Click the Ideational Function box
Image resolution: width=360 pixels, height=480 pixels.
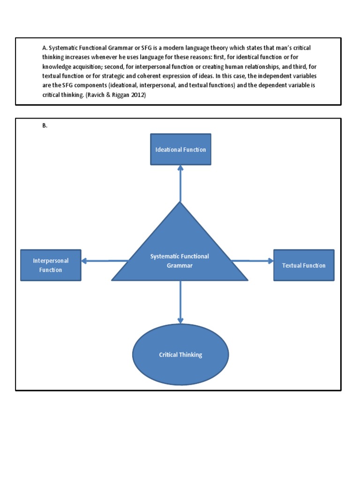pyautogui.click(x=180, y=150)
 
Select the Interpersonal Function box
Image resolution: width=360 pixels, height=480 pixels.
pyautogui.click(x=51, y=265)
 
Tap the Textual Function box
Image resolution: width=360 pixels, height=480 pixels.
pyautogui.click(x=304, y=265)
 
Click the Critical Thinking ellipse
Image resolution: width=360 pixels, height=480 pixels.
pyautogui.click(x=180, y=355)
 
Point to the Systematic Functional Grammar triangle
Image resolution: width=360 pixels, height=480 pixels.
pyautogui.click(x=180, y=260)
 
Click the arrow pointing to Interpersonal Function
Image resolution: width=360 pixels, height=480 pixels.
pyautogui.click(x=104, y=261)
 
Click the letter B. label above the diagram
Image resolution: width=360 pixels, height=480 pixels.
pyautogui.click(x=45, y=125)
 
